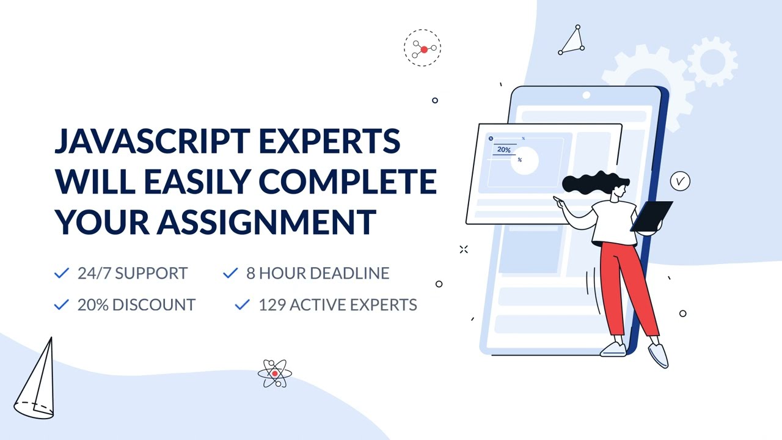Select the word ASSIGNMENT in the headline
click(267, 221)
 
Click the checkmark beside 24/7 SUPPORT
click(61, 273)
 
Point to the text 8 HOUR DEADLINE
click(318, 273)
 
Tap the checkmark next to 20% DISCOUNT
click(61, 304)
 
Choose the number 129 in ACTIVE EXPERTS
click(272, 304)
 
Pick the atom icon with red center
click(275, 373)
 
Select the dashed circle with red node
click(422, 48)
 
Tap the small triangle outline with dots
click(572, 42)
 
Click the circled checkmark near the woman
click(679, 182)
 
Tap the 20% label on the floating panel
click(503, 150)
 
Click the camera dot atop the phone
click(586, 95)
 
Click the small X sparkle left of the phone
click(464, 249)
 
